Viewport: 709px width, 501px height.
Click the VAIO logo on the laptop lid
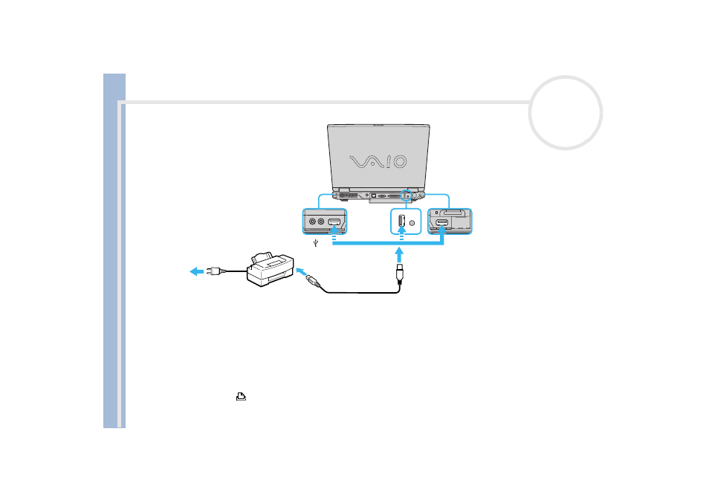[378, 161]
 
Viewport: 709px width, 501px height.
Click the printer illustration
[270, 270]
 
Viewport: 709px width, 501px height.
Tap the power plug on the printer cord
[216, 271]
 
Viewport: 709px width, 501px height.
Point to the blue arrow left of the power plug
[197, 271]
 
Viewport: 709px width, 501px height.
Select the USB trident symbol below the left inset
[316, 243]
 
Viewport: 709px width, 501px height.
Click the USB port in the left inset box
[334, 222]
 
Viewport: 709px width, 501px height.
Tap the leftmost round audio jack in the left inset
[312, 222]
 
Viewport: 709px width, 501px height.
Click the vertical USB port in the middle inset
[401, 221]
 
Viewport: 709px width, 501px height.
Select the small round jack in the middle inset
[412, 222]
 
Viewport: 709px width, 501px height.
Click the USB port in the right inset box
[441, 222]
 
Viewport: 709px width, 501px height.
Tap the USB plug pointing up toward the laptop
[399, 274]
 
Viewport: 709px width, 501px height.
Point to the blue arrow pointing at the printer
[301, 272]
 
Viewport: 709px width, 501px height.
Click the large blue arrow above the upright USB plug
[399, 254]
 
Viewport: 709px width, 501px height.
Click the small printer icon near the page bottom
[241, 396]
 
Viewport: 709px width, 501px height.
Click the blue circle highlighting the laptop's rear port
[406, 190]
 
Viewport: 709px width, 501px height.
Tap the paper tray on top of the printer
[262, 258]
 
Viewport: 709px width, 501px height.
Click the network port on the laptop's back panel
[374, 195]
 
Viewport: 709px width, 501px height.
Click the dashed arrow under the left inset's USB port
[334, 232]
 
